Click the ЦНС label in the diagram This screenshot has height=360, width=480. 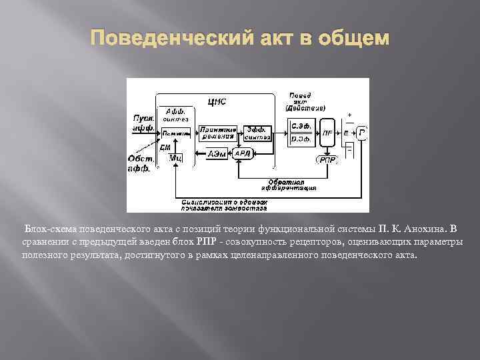click(217, 101)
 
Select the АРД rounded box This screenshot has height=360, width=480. click(243, 153)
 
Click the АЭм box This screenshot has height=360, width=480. click(217, 153)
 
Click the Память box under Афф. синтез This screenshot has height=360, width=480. click(175, 133)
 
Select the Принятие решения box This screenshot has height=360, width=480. click(219, 133)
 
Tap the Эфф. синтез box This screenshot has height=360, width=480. click(257, 133)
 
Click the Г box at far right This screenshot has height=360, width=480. click(362, 133)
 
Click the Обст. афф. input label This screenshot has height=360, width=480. click(140, 163)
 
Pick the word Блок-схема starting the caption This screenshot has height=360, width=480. click(51, 230)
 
